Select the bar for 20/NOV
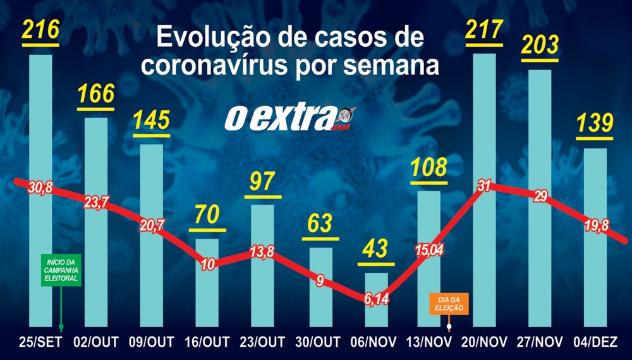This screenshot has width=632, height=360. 483,126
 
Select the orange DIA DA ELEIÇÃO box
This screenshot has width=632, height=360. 449,304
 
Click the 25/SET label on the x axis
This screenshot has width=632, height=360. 40,342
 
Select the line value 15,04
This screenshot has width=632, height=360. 430,250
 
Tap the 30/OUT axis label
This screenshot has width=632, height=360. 320,342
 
